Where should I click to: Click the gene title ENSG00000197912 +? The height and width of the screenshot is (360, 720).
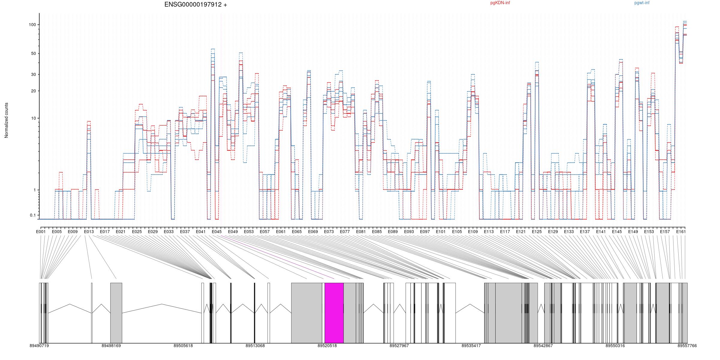pos(196,4)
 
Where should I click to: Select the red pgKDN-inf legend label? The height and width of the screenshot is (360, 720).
pos(500,3)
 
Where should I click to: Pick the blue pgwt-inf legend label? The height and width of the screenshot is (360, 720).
pos(642,3)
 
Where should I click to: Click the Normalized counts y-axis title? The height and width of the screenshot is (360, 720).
pos(6,120)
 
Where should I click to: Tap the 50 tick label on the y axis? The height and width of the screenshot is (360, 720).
pos(33,54)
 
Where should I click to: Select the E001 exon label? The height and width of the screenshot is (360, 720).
pos(40,232)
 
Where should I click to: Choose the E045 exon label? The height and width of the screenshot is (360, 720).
pos(217,232)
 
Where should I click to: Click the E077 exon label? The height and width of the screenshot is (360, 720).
pos(345,232)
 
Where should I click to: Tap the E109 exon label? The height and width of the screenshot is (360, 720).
pos(473,232)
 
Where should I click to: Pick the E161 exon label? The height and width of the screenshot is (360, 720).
pos(681,232)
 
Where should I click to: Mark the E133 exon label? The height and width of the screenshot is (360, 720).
pos(569,232)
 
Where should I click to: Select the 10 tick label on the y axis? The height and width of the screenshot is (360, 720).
pos(33,118)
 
